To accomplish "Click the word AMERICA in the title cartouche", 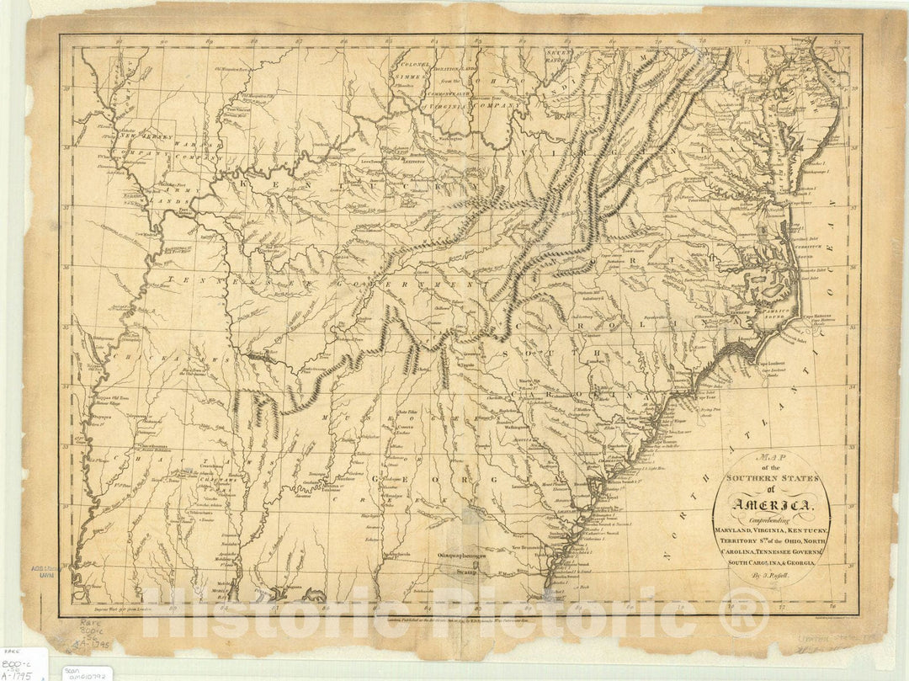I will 772,505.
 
